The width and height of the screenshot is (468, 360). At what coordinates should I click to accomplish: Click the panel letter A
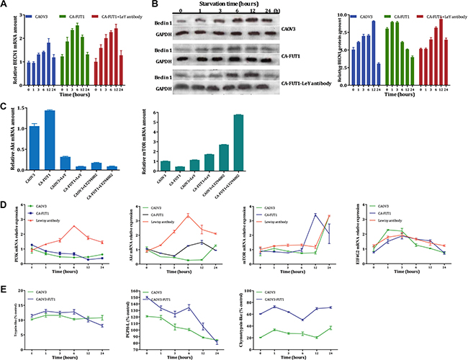[5, 6]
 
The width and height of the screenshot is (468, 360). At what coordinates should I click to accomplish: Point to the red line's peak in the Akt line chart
[188, 215]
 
